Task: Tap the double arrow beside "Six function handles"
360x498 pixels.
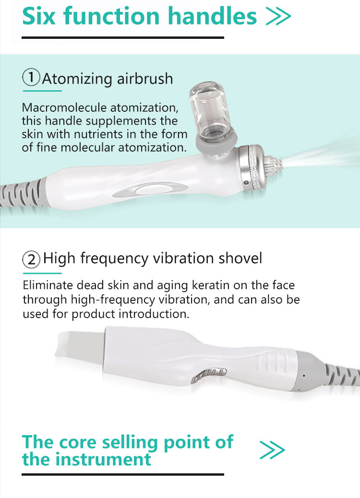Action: [278, 16]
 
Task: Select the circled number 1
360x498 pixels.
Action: [31, 78]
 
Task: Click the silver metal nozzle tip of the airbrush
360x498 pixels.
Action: [272, 166]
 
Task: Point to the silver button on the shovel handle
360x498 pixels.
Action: [209, 374]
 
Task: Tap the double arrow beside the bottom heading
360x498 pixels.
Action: [272, 450]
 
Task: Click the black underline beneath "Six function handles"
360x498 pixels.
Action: [123, 37]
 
